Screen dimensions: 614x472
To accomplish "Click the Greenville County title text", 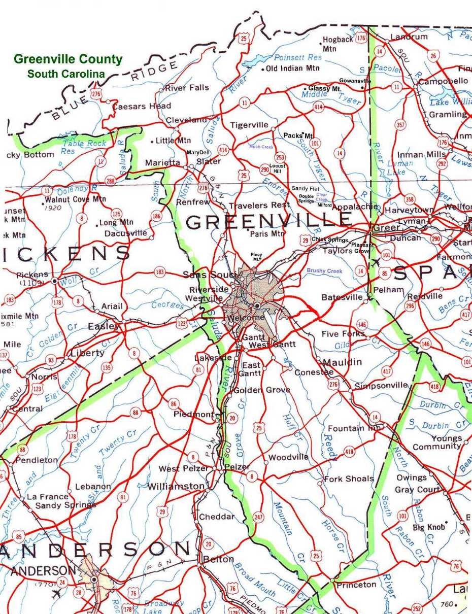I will click(68, 59).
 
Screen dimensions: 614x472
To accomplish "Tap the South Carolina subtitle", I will click(66, 74).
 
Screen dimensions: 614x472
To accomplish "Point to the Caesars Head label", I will click(142, 107).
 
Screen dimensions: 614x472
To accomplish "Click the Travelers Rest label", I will click(259, 206).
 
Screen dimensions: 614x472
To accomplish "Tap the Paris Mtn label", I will click(267, 234).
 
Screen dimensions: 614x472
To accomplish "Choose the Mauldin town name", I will click(343, 362).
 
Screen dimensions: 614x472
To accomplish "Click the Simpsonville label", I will click(381, 386).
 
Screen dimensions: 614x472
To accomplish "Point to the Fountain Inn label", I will click(354, 429).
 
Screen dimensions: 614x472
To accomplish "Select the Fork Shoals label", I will click(349, 479).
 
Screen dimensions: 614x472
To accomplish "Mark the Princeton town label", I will click(356, 585).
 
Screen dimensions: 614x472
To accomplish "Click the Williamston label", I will click(176, 487).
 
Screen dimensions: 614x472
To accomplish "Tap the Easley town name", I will click(103, 326).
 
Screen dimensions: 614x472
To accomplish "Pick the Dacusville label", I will click(126, 234).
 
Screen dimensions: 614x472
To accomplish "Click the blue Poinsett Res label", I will click(298, 58).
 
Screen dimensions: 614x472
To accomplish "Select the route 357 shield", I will click(400, 125).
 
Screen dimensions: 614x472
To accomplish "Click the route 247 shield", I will click(258, 518).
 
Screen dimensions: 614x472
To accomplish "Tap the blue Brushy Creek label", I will click(324, 271).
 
